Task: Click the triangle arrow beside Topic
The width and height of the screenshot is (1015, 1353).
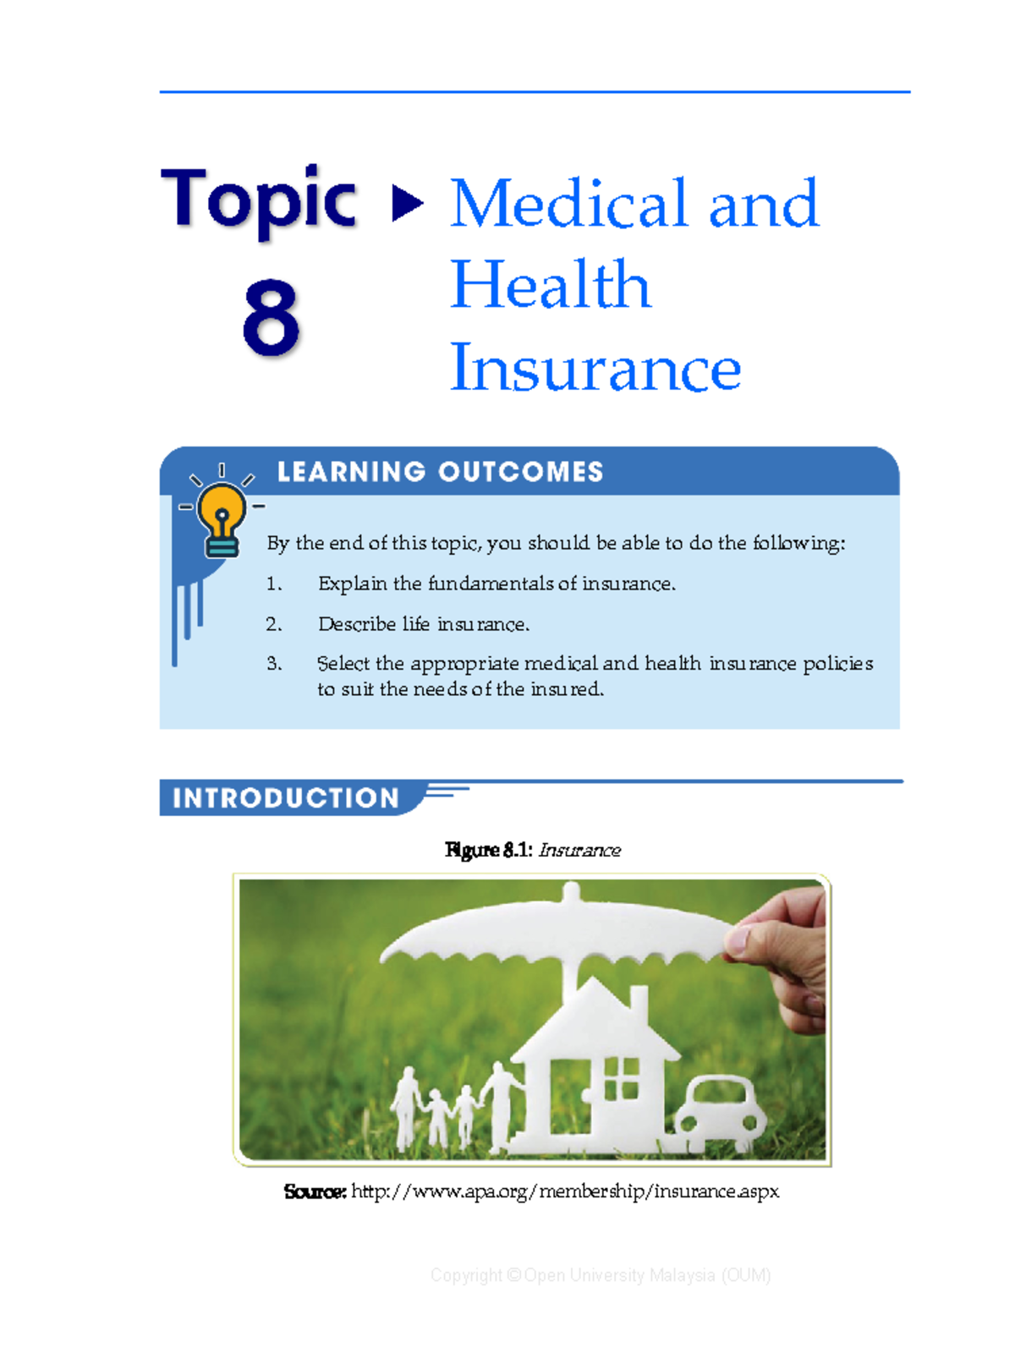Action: pos(408,203)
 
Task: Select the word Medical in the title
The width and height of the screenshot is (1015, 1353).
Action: pos(568,204)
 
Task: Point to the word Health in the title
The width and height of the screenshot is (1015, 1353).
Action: pos(550,285)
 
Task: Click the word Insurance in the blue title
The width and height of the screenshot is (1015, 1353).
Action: pos(595,368)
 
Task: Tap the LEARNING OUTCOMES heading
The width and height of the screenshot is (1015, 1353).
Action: pos(440,472)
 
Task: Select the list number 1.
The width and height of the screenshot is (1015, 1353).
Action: pos(273,583)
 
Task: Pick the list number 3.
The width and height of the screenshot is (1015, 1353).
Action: pos(273,664)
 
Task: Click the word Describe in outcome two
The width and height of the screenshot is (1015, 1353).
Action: pos(356,624)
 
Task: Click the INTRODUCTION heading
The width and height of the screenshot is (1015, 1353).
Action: pos(285,798)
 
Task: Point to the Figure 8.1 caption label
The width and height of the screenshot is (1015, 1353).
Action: pos(488,850)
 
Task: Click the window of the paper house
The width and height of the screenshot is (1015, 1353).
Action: pos(622,1078)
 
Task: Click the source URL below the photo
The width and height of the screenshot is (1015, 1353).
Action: pos(564,1191)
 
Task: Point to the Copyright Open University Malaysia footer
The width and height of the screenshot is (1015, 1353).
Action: pos(601,1275)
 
